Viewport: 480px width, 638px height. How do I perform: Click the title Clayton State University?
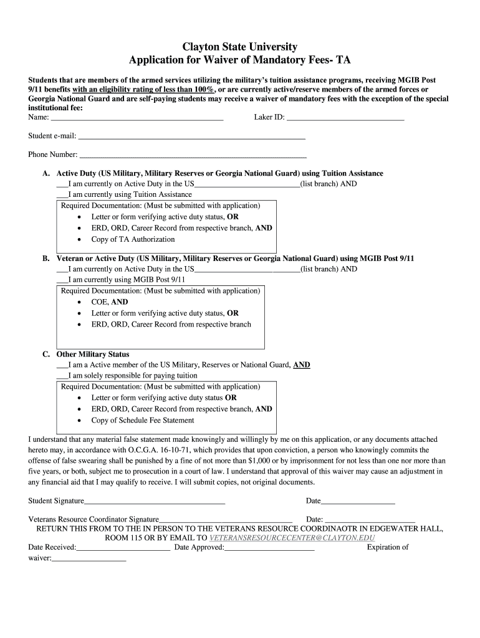pyautogui.click(x=239, y=47)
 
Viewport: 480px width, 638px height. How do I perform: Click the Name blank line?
pyautogui.click(x=137, y=118)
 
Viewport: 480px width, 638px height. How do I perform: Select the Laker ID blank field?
pyautogui.click(x=345, y=118)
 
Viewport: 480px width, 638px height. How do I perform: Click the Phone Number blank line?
pyautogui.click(x=193, y=155)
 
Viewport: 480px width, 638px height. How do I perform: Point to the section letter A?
pyautogui.click(x=46, y=173)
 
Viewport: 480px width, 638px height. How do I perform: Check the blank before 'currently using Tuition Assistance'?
pyautogui.click(x=62, y=195)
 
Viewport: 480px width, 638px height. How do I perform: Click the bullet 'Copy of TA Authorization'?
pyautogui.click(x=133, y=239)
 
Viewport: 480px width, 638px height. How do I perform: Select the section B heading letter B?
pyautogui.click(x=46, y=258)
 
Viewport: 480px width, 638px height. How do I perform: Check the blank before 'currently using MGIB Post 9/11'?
pyautogui.click(x=62, y=280)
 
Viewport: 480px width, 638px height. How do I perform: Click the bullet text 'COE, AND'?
pyautogui.click(x=110, y=302)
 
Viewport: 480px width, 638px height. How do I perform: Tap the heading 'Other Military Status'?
pyautogui.click(x=93, y=354)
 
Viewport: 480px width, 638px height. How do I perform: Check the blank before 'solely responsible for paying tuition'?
pyautogui.click(x=62, y=376)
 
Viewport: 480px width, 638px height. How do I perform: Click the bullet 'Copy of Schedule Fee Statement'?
pyautogui.click(x=143, y=420)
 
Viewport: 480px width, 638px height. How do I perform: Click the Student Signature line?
pyautogui.click(x=155, y=502)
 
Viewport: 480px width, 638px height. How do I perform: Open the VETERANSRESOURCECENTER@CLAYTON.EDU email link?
pyautogui.click(x=292, y=537)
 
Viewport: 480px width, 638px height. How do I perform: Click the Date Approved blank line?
pyautogui.click(x=269, y=548)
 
